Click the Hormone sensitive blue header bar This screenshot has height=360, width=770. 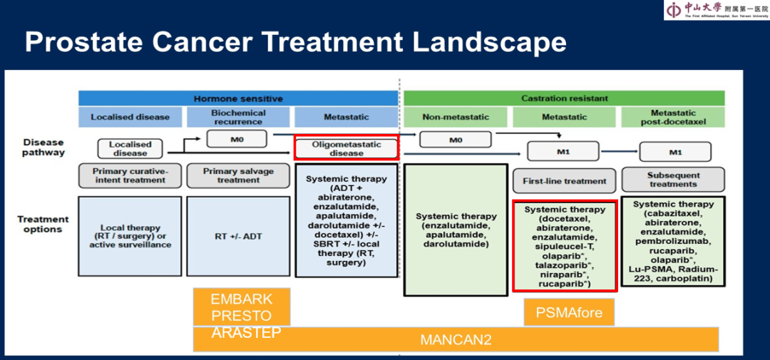pos(238,98)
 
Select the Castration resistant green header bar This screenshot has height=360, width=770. pos(565,98)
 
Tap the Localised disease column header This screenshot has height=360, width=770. pos(130,117)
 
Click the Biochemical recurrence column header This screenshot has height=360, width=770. pos(239,117)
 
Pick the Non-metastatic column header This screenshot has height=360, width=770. pos(456,117)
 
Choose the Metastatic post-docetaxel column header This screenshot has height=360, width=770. pos(674,117)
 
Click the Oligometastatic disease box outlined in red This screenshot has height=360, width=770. pos(346,148)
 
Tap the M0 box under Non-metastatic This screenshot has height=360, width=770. pos(456,140)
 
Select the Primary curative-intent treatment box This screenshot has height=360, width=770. pos(130,176)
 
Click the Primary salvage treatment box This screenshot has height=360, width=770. pos(239,176)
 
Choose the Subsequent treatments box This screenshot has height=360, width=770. pos(674,179)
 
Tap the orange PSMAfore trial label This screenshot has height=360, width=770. pos(568,312)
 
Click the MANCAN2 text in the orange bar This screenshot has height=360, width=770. pos(456,339)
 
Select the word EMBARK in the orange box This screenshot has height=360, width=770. pos(242,299)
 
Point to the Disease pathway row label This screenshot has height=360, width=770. pos(43,147)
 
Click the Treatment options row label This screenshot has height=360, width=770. pos(43,224)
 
